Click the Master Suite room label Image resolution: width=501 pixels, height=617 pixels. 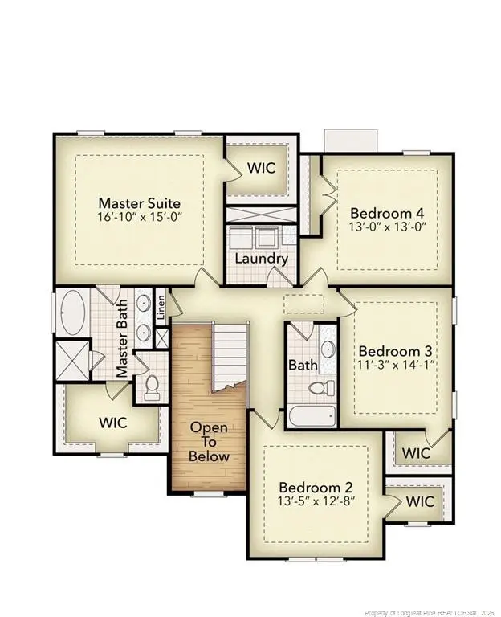click(139, 203)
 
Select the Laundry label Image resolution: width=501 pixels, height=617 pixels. click(261, 259)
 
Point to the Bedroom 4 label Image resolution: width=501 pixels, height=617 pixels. click(387, 213)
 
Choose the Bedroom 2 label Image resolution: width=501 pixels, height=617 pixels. click(316, 488)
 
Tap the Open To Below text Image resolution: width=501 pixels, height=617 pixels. click(209, 442)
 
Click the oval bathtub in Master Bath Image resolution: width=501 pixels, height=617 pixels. click(74, 313)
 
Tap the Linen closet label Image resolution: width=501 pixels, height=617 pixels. click(161, 306)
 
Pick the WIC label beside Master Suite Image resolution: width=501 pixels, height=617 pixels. click(261, 169)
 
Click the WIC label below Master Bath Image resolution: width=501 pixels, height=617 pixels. click(112, 422)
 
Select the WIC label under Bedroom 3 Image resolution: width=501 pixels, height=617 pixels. click(416, 454)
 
